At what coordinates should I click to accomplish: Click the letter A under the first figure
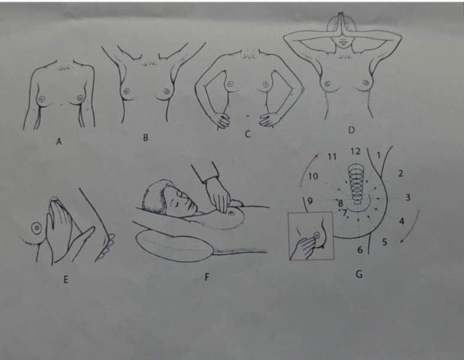(x=59, y=142)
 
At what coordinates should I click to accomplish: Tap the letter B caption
(x=146, y=138)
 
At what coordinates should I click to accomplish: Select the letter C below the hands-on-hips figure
(x=247, y=134)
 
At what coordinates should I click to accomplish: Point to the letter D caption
(x=351, y=130)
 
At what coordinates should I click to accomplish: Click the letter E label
(x=66, y=279)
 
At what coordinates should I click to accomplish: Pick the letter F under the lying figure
(x=207, y=277)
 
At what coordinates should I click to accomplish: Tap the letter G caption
(x=359, y=274)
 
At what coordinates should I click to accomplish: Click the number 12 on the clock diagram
(x=355, y=151)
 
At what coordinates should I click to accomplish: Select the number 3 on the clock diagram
(x=408, y=197)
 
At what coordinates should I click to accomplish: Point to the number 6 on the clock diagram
(x=360, y=250)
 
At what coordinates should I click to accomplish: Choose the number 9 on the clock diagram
(x=310, y=201)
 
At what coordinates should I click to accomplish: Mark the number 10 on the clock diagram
(x=313, y=176)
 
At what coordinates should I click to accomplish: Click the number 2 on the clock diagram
(x=400, y=173)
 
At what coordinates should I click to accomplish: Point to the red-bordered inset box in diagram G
(x=289, y=237)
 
